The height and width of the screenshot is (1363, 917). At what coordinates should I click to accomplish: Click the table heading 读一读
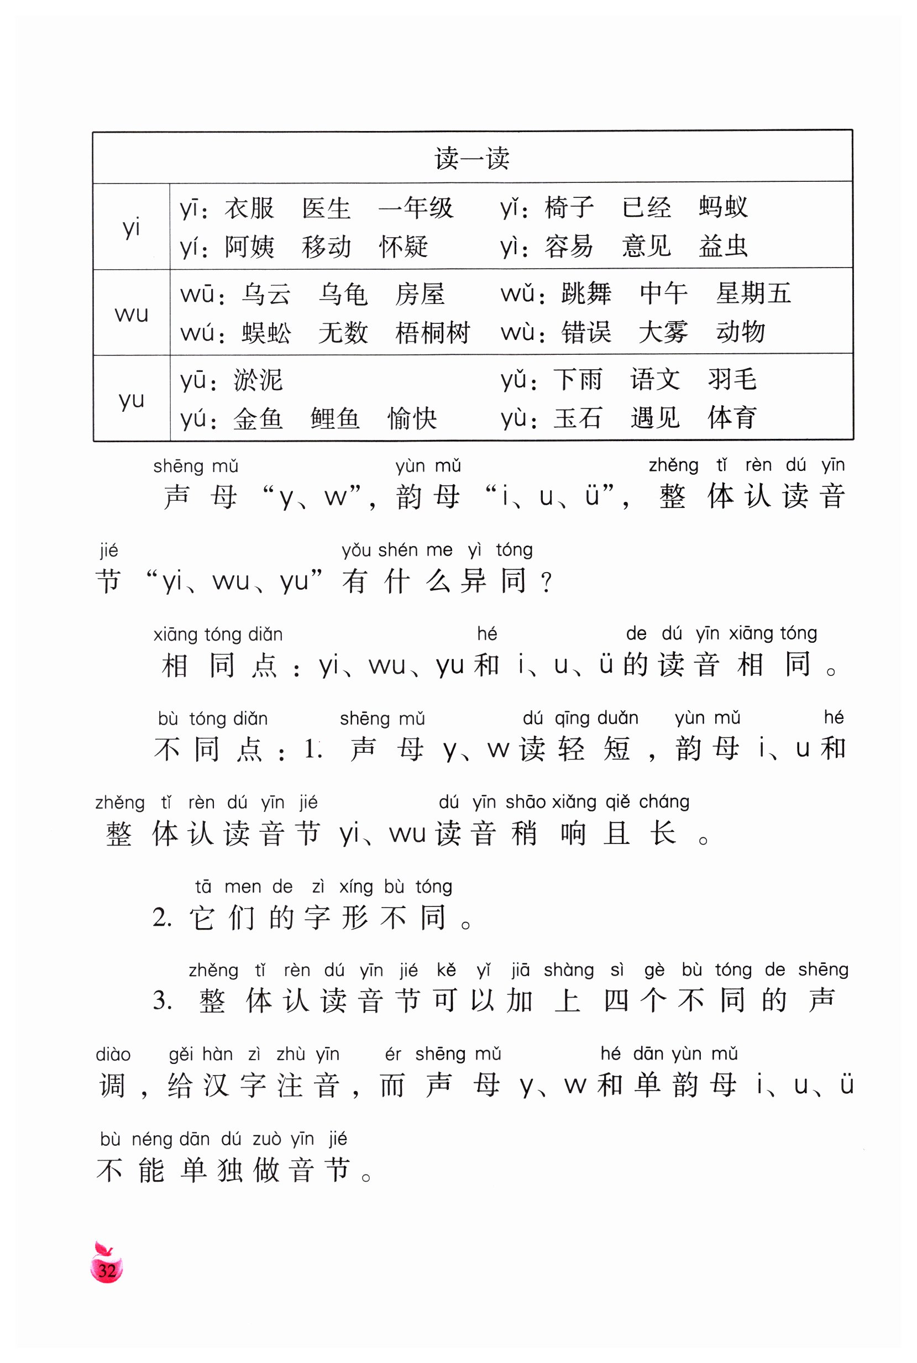point(471,159)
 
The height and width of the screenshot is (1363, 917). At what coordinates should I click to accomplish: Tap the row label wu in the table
point(131,314)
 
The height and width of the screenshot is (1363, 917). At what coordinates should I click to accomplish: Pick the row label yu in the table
point(131,400)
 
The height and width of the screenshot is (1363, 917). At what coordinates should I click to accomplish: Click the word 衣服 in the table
point(249,208)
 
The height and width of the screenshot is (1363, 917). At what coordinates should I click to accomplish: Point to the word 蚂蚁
point(723,207)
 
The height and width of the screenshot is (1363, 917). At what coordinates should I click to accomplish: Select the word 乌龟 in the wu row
point(343,294)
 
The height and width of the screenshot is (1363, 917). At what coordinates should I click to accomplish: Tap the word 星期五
point(753,293)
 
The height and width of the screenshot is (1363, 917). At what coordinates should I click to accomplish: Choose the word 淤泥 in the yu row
point(258,380)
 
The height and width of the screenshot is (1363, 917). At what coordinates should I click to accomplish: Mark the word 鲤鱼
point(335,418)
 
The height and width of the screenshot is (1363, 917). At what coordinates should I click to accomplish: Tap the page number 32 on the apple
point(107,1271)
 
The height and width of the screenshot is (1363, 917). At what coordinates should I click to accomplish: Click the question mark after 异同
point(546,583)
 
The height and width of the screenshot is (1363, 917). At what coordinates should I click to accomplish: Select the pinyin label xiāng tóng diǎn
point(218,635)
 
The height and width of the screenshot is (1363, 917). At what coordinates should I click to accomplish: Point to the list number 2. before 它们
point(162,918)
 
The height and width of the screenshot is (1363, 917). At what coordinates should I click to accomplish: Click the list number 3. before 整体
point(162,1001)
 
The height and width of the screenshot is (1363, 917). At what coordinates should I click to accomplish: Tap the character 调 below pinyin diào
point(112,1086)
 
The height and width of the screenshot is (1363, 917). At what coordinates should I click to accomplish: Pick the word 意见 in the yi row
point(646,245)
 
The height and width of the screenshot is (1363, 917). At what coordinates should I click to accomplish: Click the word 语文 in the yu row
point(655,380)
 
